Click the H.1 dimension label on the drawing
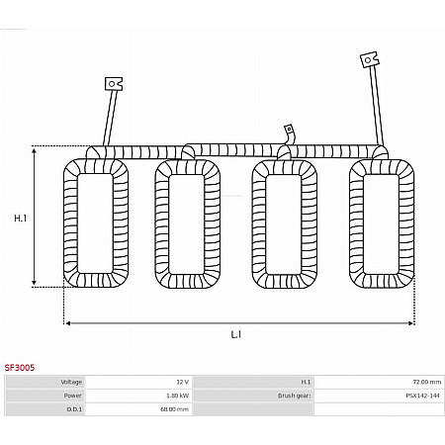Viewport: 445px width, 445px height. coord(20,219)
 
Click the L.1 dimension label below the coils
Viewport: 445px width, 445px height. coord(236,334)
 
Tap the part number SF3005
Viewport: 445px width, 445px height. coord(20,368)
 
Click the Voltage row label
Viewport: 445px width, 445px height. coord(71,382)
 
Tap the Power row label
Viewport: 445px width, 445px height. coord(73,396)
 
